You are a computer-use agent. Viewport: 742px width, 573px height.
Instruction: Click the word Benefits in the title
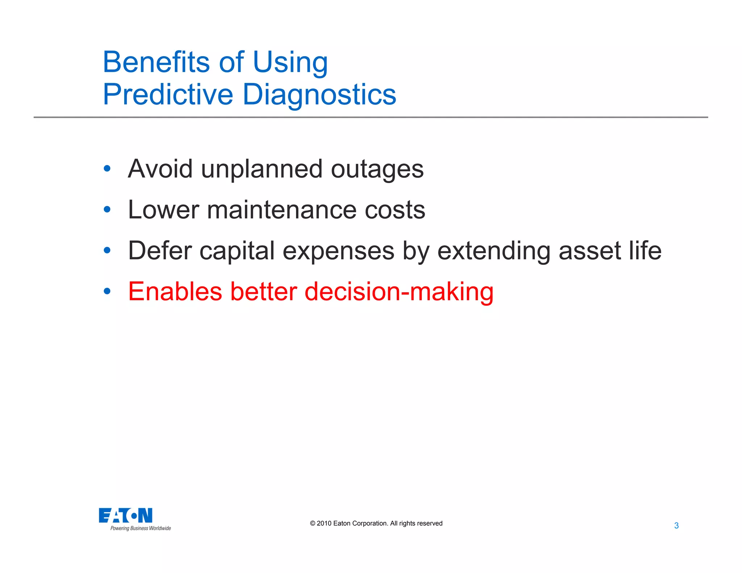click(x=156, y=62)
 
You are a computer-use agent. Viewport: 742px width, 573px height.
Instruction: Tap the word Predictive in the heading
click(x=168, y=95)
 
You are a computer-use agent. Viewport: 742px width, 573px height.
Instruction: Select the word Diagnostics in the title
click(x=319, y=95)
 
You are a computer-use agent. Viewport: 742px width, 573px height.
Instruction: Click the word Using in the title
click(x=290, y=62)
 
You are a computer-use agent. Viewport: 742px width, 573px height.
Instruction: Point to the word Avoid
click(x=160, y=169)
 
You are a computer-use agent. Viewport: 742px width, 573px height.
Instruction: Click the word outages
click(x=377, y=170)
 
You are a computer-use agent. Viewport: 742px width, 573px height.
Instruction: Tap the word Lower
click(x=163, y=210)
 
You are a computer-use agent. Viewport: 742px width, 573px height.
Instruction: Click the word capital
click(x=237, y=251)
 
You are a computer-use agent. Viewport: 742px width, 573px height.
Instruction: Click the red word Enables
click(x=175, y=292)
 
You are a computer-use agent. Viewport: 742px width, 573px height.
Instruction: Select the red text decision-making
click(x=399, y=292)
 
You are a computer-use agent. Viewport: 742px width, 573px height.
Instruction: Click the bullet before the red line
click(x=107, y=291)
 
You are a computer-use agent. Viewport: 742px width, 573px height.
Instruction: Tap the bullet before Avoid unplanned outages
click(x=107, y=168)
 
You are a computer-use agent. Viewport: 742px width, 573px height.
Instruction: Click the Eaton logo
click(x=125, y=515)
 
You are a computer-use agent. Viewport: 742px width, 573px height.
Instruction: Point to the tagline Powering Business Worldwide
click(x=141, y=528)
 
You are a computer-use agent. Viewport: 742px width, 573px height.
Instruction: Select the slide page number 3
click(x=676, y=526)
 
